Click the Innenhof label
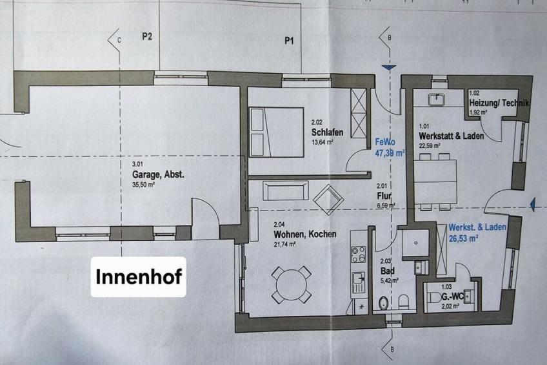(139, 276)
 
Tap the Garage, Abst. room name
(157, 174)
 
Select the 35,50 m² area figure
(143, 184)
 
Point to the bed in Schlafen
(276, 132)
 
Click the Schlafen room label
(327, 132)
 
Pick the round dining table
(292, 285)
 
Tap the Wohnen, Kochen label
(305, 234)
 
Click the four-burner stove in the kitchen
(358, 255)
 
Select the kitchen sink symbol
(358, 278)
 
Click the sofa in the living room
(285, 191)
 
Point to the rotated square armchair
(328, 200)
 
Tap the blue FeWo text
(385, 142)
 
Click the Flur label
(384, 196)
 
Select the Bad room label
(388, 271)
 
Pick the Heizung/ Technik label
(499, 103)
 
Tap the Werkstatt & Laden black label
(452, 136)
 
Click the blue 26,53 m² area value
(463, 238)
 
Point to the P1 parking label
(289, 41)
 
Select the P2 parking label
(147, 36)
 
